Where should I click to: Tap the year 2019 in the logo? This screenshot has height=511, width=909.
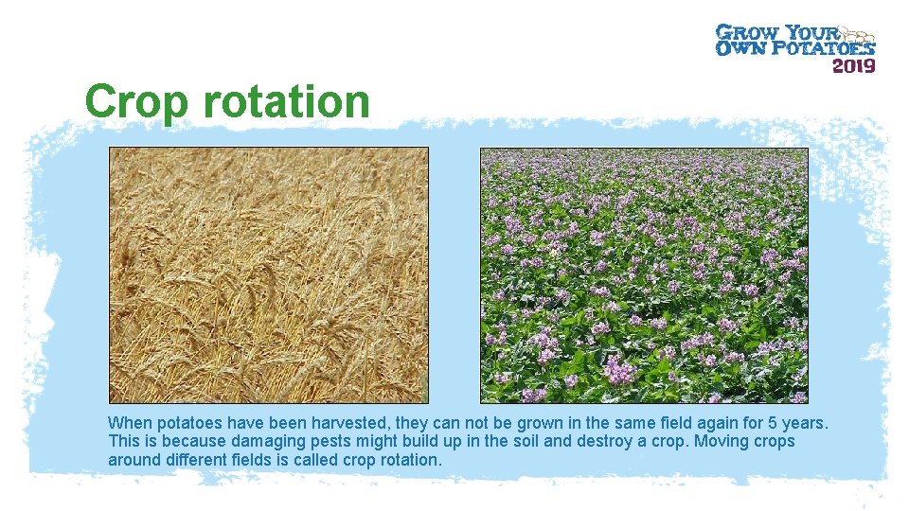tap(853, 65)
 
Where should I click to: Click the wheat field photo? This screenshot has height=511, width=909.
tap(268, 275)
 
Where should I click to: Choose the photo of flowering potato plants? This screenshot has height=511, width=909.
tap(644, 275)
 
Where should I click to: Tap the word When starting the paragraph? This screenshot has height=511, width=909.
tap(129, 422)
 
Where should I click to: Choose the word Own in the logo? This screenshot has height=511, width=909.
tap(734, 47)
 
